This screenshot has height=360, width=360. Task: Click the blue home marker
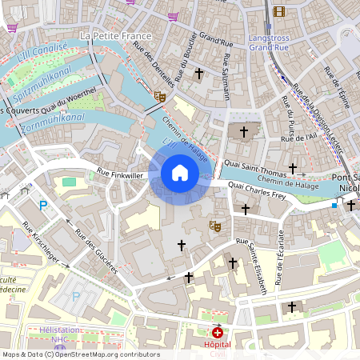coord(180,173)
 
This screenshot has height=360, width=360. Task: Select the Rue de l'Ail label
coord(300,138)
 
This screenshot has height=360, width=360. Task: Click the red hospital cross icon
coord(218,332)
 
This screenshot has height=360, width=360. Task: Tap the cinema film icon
coord(278,11)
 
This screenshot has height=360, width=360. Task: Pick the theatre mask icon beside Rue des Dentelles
coord(160,96)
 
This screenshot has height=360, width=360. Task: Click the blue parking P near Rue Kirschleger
coord(44,206)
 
